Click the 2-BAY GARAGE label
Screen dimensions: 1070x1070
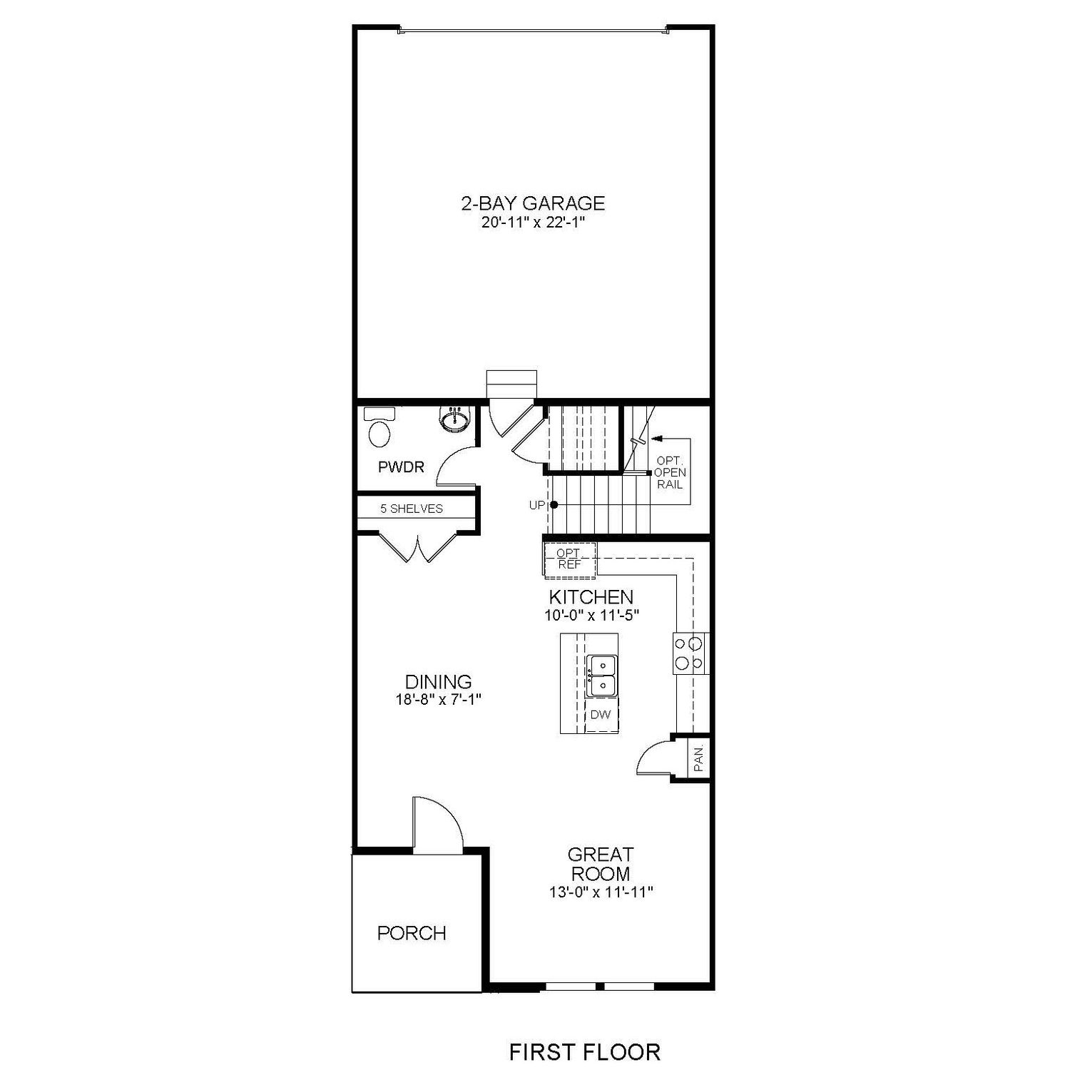532,203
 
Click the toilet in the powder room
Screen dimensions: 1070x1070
379,429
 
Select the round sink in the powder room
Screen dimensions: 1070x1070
454,420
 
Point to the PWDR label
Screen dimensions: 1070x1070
401,467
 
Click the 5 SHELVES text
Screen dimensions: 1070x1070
412,509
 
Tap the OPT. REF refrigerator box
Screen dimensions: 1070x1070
569,559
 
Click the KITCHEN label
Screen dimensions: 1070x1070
591,596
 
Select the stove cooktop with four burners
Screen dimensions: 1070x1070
689,653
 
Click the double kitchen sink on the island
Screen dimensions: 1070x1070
601,676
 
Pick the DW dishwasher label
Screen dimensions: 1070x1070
601,714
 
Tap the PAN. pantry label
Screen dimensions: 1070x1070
698,758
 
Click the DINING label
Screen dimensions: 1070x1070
438,682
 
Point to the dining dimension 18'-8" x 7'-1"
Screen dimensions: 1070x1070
439,700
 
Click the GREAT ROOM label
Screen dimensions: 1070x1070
600,864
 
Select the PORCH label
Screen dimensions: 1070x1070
412,932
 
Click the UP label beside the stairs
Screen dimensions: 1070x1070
536,505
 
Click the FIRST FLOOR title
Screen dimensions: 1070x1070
584,1051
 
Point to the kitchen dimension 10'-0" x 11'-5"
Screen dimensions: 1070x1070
591,615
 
